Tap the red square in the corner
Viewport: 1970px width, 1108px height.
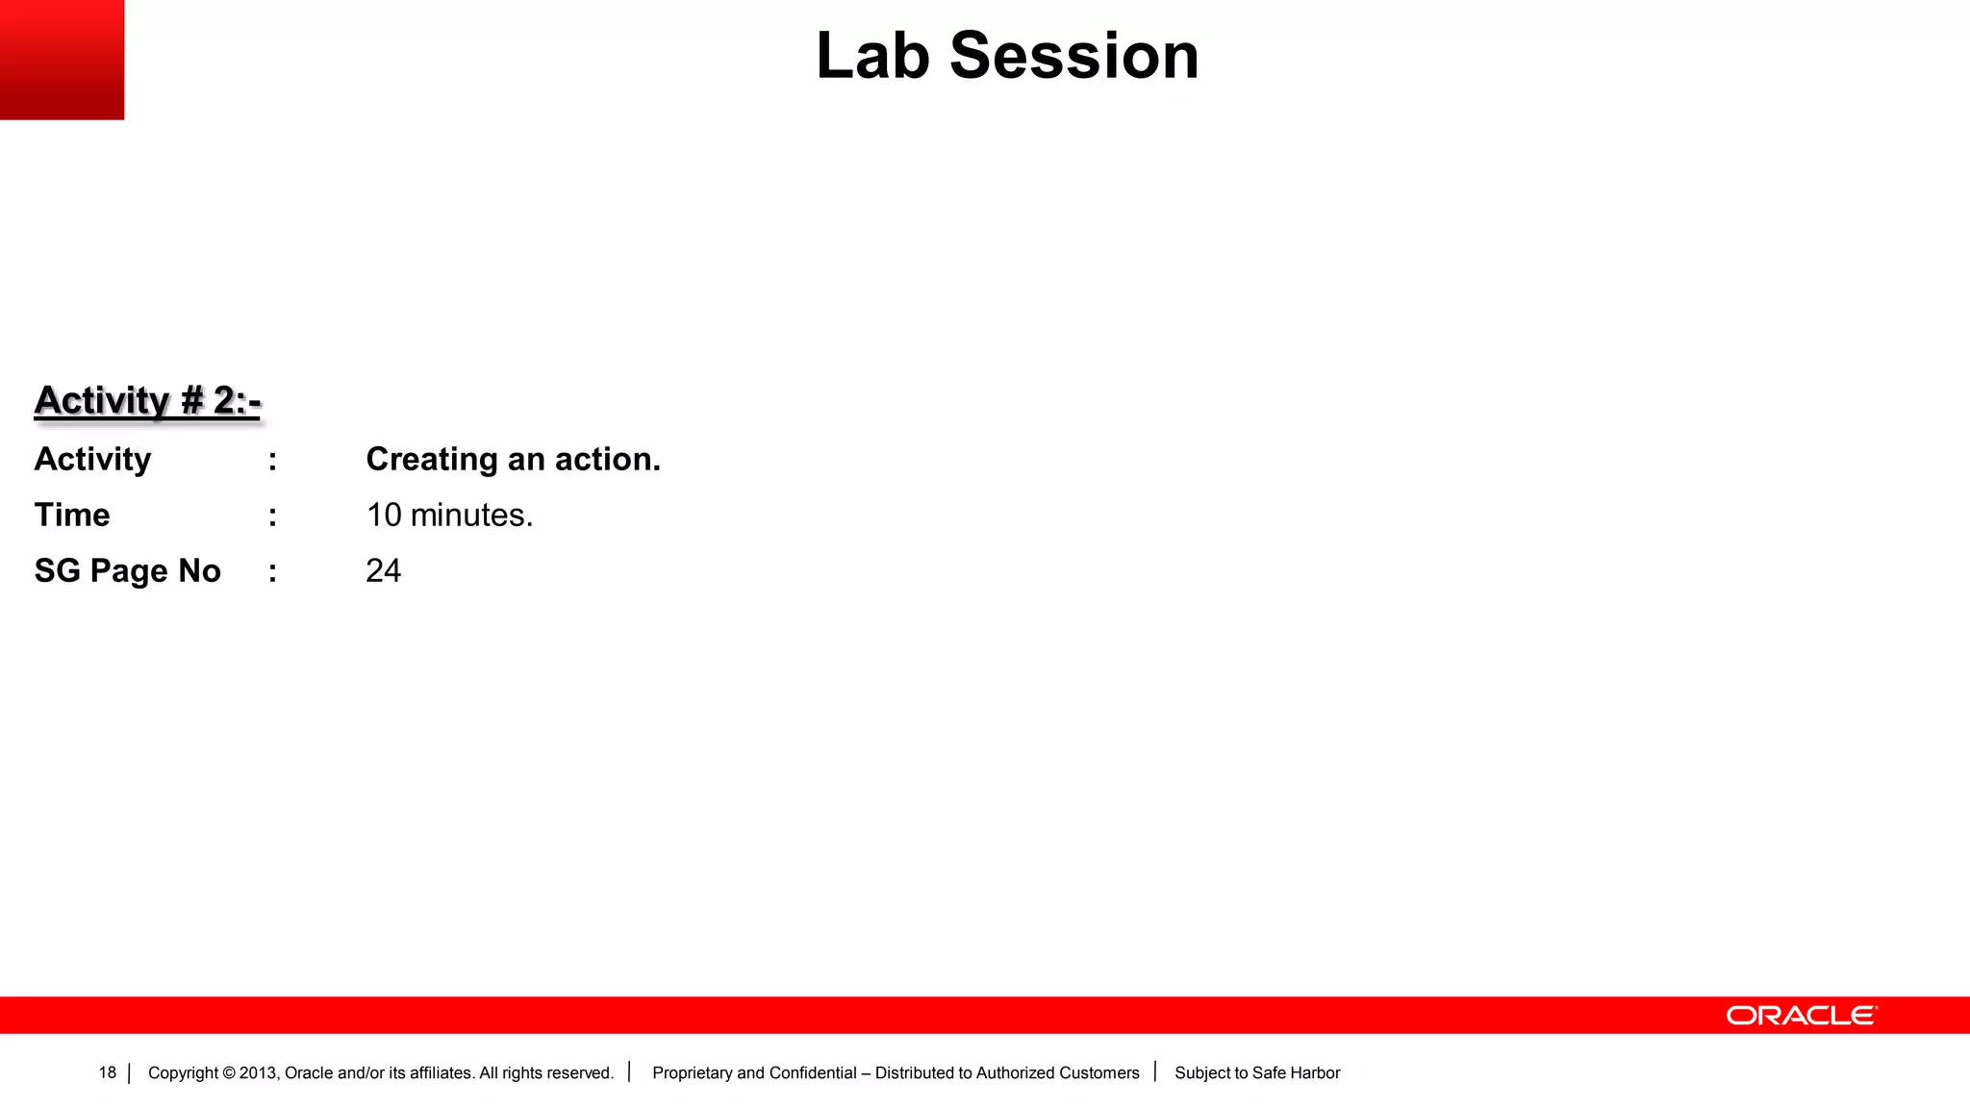point(62,60)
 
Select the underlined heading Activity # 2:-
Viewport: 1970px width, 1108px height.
point(147,400)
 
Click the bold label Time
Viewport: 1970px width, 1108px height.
point(72,515)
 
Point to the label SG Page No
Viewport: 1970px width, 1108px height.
point(127,570)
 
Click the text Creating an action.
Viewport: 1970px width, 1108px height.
point(513,459)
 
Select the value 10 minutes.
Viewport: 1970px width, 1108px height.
point(449,515)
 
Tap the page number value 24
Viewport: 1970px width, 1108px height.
point(383,570)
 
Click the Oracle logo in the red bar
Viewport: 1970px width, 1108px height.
point(1801,1016)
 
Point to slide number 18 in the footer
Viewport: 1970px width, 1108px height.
point(107,1072)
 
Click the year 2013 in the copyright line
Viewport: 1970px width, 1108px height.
point(258,1072)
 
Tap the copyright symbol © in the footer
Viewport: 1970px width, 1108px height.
point(229,1072)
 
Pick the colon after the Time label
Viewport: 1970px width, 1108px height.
point(273,516)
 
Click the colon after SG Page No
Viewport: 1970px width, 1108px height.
point(273,571)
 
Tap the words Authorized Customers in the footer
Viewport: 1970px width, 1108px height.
point(1057,1072)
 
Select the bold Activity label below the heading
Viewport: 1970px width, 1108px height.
point(92,459)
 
